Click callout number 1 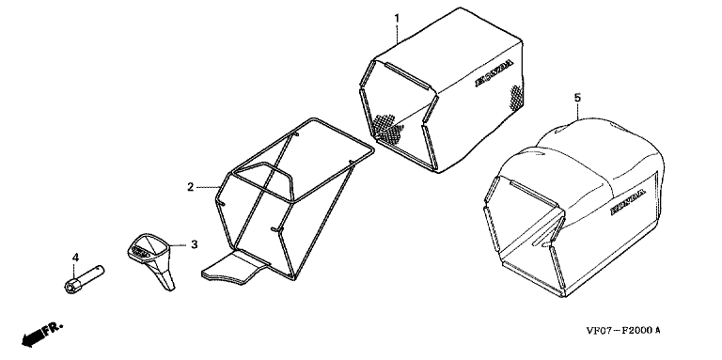tap(397, 19)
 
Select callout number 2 tap(190, 187)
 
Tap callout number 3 tap(195, 244)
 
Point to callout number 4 tap(76, 257)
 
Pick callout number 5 tap(578, 98)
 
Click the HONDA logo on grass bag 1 tap(494, 72)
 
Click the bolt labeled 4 tap(84, 279)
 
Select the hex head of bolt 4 tap(71, 287)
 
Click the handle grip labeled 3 tap(151, 258)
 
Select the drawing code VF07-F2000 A tap(623, 330)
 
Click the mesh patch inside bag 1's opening tap(387, 127)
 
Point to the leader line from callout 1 tap(398, 35)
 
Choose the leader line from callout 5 tap(578, 112)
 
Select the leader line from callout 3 tap(180, 245)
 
